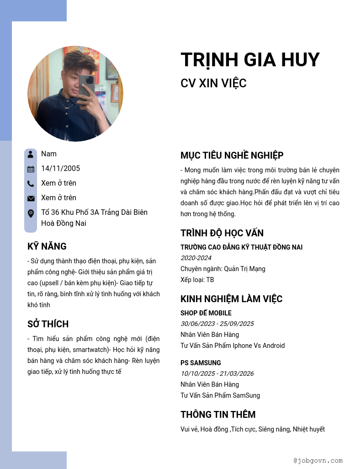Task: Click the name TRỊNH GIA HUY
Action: (250, 60)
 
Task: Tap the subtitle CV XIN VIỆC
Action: (213, 83)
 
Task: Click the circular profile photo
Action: (75, 94)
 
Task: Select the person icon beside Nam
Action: (31, 154)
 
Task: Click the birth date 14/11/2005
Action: (60, 169)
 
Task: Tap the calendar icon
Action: (31, 169)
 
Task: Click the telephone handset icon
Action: (31, 184)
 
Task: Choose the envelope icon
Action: (31, 198)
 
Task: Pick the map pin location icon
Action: (31, 213)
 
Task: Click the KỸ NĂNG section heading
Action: (47, 246)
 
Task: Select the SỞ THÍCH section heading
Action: (48, 324)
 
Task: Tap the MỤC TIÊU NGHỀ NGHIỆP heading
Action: (232, 155)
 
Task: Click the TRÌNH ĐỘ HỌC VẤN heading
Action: (222, 233)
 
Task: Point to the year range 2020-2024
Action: (196, 258)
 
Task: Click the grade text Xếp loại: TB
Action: (197, 280)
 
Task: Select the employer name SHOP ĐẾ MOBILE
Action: (206, 313)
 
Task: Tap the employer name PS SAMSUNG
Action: (201, 363)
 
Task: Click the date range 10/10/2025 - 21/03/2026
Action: (217, 373)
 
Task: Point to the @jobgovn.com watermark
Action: (318, 460)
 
